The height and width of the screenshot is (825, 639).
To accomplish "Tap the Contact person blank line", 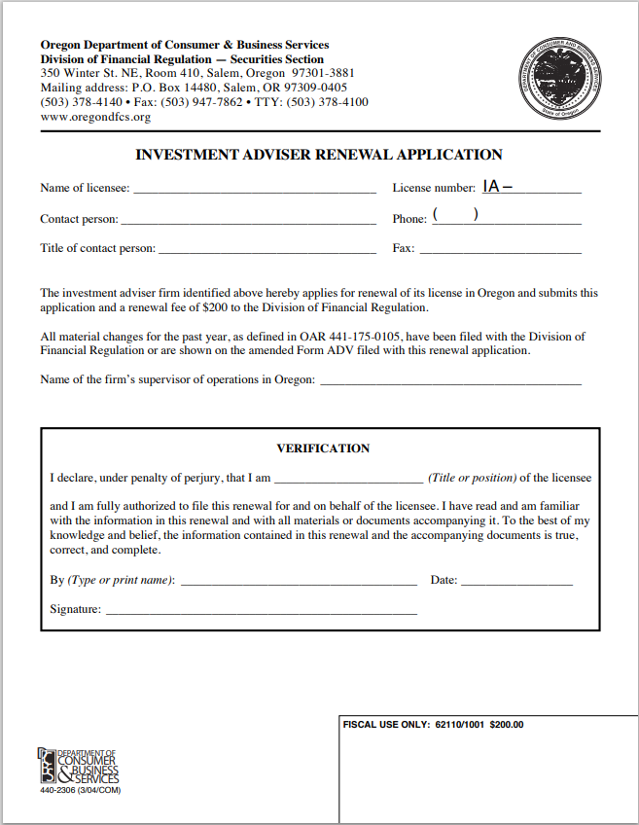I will tap(248, 219).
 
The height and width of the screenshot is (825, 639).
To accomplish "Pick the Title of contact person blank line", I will tap(266, 248).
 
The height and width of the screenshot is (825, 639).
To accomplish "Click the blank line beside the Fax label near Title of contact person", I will tap(500, 248).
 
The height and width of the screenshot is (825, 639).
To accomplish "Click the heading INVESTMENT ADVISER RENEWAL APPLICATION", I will tap(319, 154).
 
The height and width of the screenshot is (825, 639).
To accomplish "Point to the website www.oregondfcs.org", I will tap(95, 118).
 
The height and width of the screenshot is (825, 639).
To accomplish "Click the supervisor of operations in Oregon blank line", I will tap(450, 379).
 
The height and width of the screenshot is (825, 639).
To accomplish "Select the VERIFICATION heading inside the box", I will tap(323, 448).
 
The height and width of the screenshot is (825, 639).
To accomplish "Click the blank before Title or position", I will tap(348, 479).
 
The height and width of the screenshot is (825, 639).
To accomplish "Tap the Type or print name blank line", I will tap(299, 580).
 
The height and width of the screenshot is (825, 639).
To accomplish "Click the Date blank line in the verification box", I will tap(516, 580).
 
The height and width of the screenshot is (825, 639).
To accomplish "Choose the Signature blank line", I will tap(261, 610).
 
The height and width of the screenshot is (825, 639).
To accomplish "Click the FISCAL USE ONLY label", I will tap(388, 725).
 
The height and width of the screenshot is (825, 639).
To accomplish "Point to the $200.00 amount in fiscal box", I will tap(507, 725).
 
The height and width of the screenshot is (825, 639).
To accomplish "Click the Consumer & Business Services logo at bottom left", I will tap(79, 767).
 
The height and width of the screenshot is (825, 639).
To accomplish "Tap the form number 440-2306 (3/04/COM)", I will tap(81, 790).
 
